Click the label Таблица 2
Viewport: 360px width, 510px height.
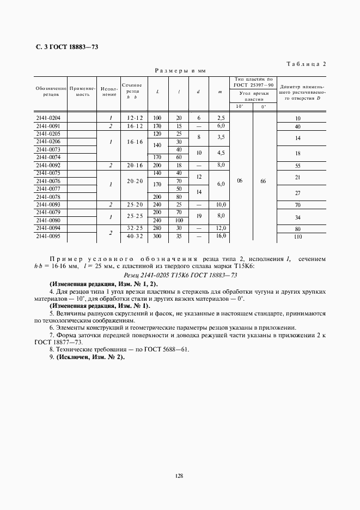pyautogui.click(x=306, y=64)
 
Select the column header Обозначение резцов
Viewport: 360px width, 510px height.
pyautogui.click(x=51, y=90)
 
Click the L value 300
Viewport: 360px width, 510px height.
pyautogui.click(x=157, y=236)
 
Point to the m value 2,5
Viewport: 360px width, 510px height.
pyautogui.click(x=220, y=118)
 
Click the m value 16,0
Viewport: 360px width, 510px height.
pyautogui.click(x=220, y=236)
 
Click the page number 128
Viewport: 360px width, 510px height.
pyautogui.click(x=179, y=476)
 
